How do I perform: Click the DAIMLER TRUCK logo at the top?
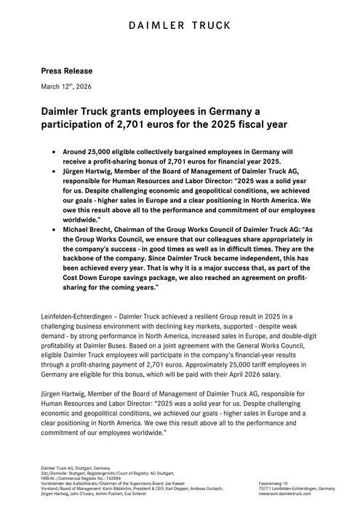[180, 28]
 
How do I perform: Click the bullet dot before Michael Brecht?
[54, 228]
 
